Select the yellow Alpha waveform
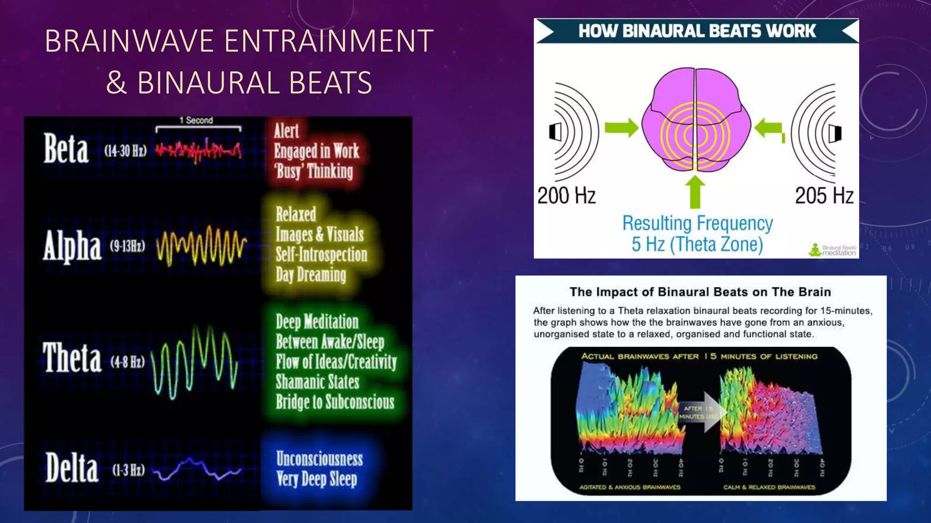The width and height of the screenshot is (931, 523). (x=201, y=246)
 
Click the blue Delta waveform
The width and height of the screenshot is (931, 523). (x=196, y=469)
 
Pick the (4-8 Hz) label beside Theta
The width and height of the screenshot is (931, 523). (x=128, y=362)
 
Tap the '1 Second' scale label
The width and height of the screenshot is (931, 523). (x=196, y=120)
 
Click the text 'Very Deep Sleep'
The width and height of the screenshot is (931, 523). (x=317, y=479)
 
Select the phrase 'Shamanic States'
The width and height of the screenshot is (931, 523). (x=317, y=382)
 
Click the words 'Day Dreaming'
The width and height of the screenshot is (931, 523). (x=311, y=275)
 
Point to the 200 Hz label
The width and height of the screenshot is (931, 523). (x=566, y=196)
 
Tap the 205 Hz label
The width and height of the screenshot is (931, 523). (x=824, y=196)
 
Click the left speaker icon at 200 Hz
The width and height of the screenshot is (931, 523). (x=556, y=132)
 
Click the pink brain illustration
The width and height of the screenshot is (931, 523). (x=696, y=119)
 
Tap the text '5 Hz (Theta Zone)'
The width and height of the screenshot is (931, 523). (x=697, y=244)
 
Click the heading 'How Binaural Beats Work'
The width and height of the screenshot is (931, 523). (x=697, y=31)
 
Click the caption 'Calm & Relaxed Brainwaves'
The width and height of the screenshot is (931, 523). (x=769, y=487)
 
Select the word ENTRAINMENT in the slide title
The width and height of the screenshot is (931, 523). (x=329, y=41)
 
